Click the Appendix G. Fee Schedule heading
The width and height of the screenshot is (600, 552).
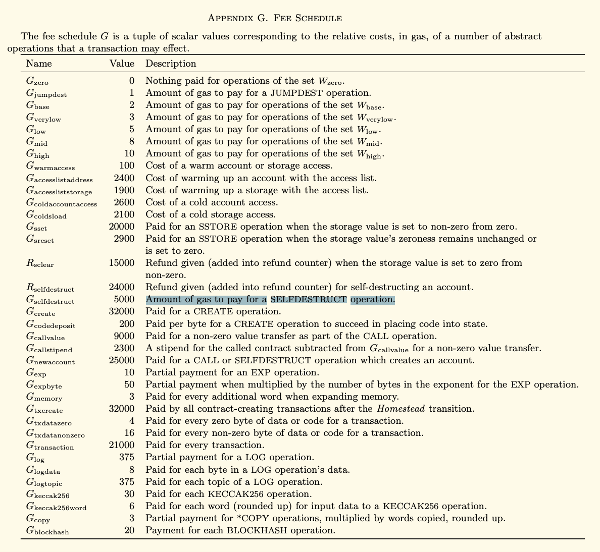point(275,18)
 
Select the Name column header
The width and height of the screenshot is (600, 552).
point(38,64)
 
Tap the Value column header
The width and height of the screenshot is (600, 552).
point(122,64)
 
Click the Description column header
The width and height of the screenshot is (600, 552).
point(171,64)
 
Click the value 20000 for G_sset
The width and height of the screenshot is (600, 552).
point(122,227)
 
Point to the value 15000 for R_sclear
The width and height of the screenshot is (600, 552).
point(122,263)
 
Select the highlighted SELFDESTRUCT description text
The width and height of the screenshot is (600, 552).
point(270,300)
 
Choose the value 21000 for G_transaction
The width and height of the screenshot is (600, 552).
point(122,446)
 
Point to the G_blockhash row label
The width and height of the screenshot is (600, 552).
point(47,531)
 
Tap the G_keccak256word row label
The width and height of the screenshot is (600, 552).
point(56,507)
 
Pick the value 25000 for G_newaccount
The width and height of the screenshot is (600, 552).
point(122,360)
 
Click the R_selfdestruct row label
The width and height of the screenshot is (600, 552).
point(50,288)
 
